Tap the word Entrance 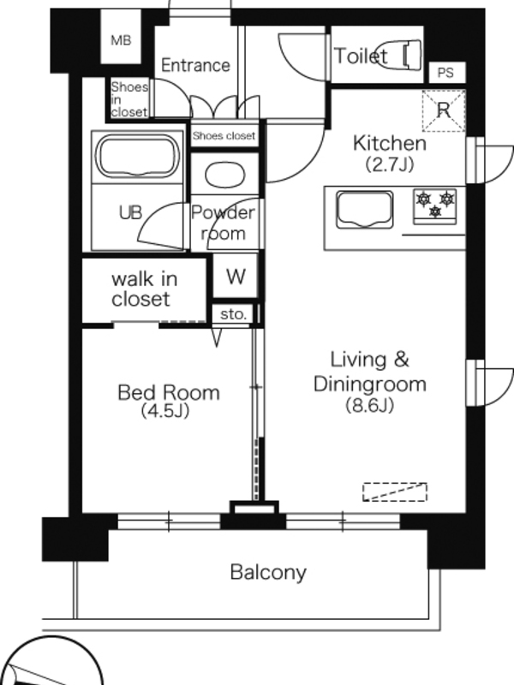click(x=195, y=65)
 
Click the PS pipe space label click(x=445, y=73)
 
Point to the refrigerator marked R click(x=444, y=110)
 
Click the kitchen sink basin click(x=365, y=210)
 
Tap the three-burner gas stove click(x=435, y=206)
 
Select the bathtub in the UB click(x=137, y=157)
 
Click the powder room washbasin click(x=225, y=175)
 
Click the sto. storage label click(x=233, y=314)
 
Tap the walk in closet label click(x=144, y=289)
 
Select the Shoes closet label click(x=224, y=136)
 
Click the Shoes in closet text click(x=129, y=99)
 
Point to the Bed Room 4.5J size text click(x=165, y=411)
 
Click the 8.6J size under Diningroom click(x=370, y=405)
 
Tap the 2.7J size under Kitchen click(x=390, y=164)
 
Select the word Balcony click(x=268, y=572)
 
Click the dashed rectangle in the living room click(x=395, y=491)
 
